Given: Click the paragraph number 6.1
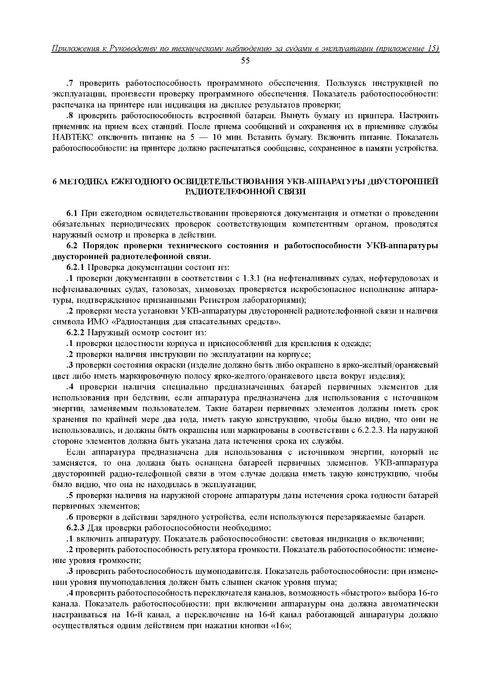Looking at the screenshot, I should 73,214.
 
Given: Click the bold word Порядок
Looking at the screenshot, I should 100,246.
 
